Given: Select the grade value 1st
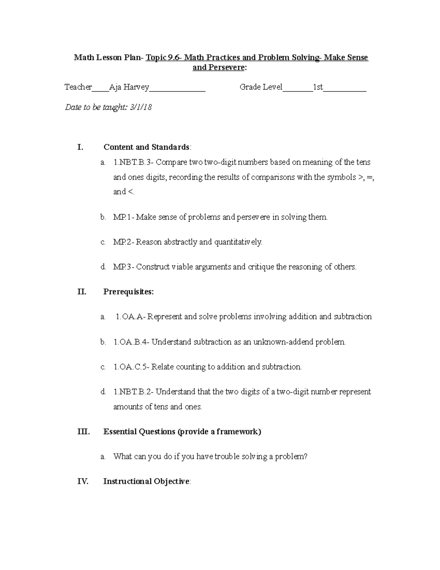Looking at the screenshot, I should tap(318, 87).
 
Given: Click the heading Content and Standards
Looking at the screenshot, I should tap(147, 148).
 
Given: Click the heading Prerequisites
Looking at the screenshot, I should tap(128, 292).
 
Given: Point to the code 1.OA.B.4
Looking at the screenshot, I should tap(131, 342).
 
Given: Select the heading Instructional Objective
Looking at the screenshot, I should tap(146, 482).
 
